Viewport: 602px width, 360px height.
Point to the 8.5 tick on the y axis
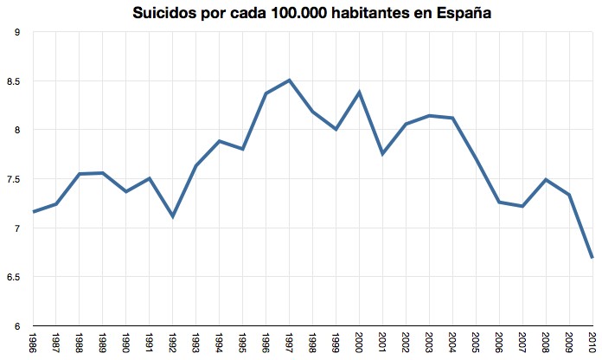(15, 81)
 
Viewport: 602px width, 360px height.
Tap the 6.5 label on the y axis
(15, 277)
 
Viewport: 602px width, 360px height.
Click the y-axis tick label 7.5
(15, 179)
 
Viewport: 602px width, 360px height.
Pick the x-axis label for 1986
(32, 342)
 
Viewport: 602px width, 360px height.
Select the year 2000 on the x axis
(359, 342)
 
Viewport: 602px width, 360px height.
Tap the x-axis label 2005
(476, 342)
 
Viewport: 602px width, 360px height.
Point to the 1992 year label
(173, 342)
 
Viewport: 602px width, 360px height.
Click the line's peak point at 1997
(289, 80)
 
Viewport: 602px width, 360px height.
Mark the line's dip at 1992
(172, 216)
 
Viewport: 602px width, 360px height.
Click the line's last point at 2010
(592, 258)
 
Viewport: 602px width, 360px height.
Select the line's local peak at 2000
(359, 92)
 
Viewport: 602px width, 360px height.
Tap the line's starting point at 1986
(32, 212)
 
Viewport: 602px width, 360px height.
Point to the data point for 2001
(382, 154)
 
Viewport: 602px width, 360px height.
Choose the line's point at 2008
(546, 180)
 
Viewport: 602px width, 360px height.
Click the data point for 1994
(219, 141)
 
